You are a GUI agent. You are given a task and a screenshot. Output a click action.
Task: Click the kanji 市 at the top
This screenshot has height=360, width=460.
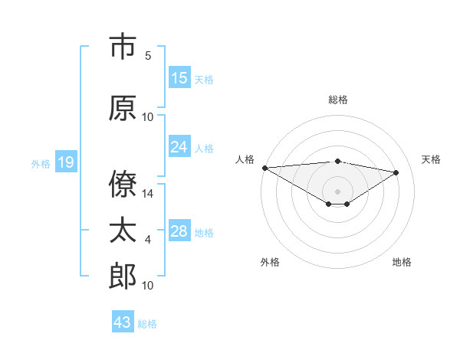tap(123, 47)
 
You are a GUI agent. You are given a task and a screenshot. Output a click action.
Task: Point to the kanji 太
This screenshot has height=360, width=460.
tap(123, 231)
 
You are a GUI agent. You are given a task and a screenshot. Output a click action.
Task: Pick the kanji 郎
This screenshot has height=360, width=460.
tap(123, 275)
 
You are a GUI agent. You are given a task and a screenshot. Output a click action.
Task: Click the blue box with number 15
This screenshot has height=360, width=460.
tap(179, 78)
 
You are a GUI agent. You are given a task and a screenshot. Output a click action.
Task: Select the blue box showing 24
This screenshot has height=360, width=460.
tap(179, 147)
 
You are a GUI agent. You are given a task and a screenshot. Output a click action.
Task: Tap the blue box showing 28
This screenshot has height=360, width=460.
tap(179, 231)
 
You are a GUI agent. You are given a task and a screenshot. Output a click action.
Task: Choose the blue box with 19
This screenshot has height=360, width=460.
tap(65, 162)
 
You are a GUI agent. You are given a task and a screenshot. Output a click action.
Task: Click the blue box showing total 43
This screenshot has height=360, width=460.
tap(123, 322)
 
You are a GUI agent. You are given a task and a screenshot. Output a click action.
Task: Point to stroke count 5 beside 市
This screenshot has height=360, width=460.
tap(148, 56)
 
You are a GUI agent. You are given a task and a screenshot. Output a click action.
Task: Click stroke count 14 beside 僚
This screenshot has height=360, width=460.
tap(148, 194)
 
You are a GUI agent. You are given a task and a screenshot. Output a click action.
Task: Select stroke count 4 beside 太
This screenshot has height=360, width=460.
tap(148, 241)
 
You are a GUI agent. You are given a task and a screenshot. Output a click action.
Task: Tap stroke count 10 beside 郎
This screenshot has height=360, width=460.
tap(148, 286)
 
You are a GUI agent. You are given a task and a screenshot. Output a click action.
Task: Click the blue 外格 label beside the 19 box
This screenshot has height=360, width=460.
tap(41, 163)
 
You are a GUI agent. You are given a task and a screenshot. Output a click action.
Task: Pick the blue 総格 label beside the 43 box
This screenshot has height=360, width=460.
tap(147, 324)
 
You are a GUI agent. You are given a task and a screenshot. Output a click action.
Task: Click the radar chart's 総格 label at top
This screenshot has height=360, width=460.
tap(337, 100)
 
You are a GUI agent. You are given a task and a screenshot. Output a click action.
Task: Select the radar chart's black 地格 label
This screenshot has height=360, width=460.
tap(402, 262)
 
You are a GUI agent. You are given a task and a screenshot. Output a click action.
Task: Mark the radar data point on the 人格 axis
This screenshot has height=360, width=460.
tap(264, 168)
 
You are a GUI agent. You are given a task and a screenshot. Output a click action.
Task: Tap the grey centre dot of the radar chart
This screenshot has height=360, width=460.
tap(337, 190)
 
